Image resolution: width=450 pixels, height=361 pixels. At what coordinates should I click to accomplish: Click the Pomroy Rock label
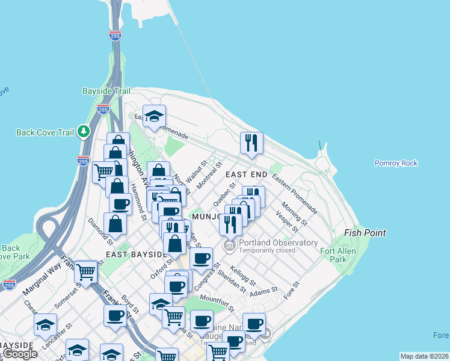pyautogui.click(x=395, y=163)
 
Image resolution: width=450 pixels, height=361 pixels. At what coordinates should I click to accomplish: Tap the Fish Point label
pyautogui.click(x=365, y=232)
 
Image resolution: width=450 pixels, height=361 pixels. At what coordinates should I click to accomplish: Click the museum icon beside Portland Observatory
pyautogui.click(x=229, y=245)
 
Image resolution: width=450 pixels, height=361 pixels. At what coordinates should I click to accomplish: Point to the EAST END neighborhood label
pyautogui.click(x=245, y=174)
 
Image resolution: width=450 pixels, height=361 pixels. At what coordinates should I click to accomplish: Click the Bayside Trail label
pyautogui.click(x=106, y=91)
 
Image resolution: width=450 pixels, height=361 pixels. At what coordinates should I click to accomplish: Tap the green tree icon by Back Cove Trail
pyautogui.click(x=84, y=131)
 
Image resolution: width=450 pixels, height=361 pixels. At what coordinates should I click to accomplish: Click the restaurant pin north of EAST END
pyautogui.click(x=251, y=143)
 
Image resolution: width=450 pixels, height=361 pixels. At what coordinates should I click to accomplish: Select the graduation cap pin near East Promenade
pyautogui.click(x=155, y=117)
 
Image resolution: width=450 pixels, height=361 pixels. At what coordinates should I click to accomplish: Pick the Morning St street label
pyautogui.click(x=294, y=214)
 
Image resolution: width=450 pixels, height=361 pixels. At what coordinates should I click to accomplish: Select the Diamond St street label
pyautogui.click(x=100, y=231)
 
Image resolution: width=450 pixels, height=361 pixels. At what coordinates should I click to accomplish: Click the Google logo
pyautogui.click(x=19, y=354)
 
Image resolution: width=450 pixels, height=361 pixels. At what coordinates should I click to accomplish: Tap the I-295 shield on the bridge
pyautogui.click(x=115, y=36)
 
